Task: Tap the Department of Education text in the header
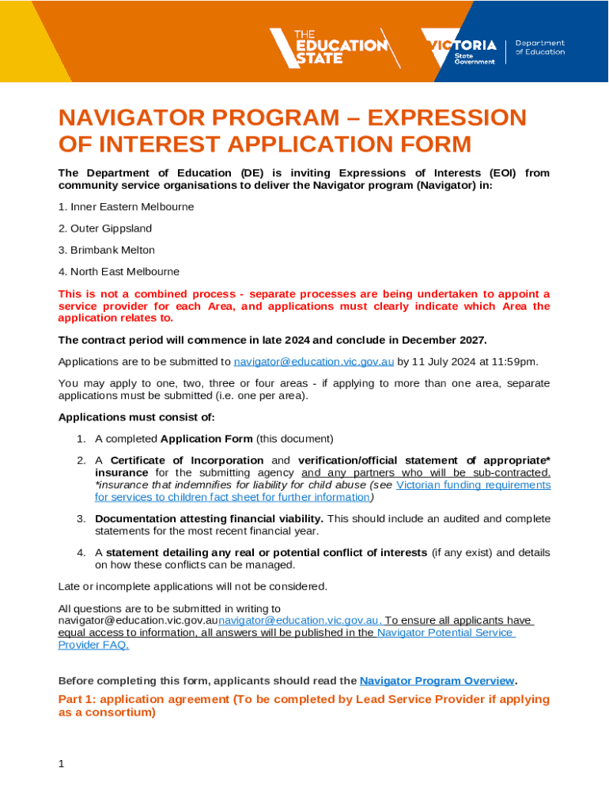tap(540, 47)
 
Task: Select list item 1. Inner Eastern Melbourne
tap(126, 207)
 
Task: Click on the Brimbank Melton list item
tap(107, 250)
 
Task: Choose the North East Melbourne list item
tap(119, 271)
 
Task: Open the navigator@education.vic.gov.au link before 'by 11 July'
tap(314, 362)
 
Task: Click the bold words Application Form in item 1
tap(206, 438)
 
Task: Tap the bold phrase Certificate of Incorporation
tap(187, 460)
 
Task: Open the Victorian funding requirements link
tap(473, 484)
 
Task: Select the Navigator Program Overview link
tap(437, 680)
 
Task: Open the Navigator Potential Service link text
tap(445, 632)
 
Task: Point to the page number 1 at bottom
tap(62, 764)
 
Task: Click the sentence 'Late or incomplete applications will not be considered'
tap(192, 586)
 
